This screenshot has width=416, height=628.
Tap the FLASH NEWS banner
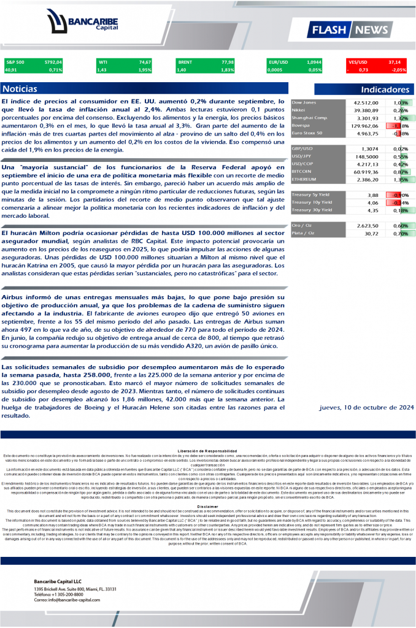click(350, 29)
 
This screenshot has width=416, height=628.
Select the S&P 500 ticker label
click(15, 62)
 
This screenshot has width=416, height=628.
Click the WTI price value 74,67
click(145, 62)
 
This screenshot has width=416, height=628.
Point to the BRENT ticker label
click(185, 62)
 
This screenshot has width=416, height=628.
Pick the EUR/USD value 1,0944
click(314, 62)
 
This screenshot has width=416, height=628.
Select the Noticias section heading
click(20, 89)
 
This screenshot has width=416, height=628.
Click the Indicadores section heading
click(385, 89)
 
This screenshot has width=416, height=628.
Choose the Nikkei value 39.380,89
click(366, 110)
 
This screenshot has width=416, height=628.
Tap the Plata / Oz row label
click(304, 233)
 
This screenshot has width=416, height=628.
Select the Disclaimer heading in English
click(208, 507)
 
